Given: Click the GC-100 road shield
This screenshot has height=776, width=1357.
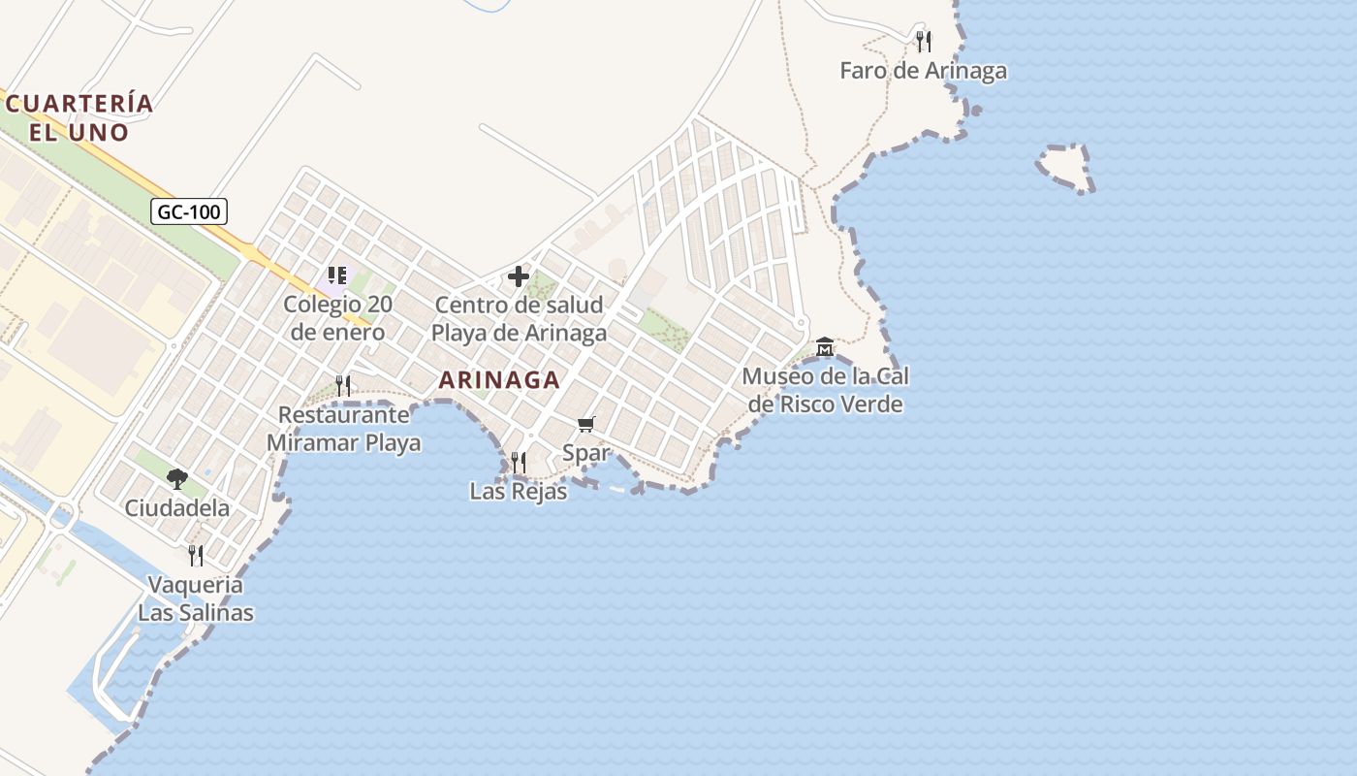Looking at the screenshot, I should tap(189, 211).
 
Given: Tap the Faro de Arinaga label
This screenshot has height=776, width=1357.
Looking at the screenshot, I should tap(923, 71).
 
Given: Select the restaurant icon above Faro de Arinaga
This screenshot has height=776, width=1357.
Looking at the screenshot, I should tap(924, 41).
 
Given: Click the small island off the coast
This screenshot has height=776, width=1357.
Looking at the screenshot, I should tap(1064, 168).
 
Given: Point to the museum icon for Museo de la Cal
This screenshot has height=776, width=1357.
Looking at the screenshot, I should tap(825, 346).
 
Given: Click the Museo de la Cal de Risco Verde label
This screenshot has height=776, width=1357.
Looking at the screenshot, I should tap(826, 390).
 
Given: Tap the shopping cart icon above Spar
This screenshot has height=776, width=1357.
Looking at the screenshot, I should tap(585, 425).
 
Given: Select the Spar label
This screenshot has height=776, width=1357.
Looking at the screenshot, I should tap(586, 453).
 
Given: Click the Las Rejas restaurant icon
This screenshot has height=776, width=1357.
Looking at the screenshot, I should tap(519, 462).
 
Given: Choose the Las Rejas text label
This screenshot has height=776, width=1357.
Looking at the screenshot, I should tap(518, 492).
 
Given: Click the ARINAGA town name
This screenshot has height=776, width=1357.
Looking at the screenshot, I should tap(499, 380).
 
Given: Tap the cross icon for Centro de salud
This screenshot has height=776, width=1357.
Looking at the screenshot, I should tap(519, 276).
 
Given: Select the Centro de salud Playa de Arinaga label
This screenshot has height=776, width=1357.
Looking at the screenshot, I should tap(519, 318).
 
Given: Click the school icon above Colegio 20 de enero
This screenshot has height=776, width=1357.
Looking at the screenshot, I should tap(337, 275).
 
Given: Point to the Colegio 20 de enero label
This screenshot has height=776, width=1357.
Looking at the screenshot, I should tap(337, 318).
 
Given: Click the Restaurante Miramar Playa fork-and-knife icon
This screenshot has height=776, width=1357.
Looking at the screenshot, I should tap(343, 385).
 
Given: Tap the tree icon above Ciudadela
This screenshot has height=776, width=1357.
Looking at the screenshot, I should tap(176, 477).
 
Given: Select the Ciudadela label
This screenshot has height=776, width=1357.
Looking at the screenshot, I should tap(177, 508).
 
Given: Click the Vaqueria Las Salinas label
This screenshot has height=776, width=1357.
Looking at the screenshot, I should tap(196, 598).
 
